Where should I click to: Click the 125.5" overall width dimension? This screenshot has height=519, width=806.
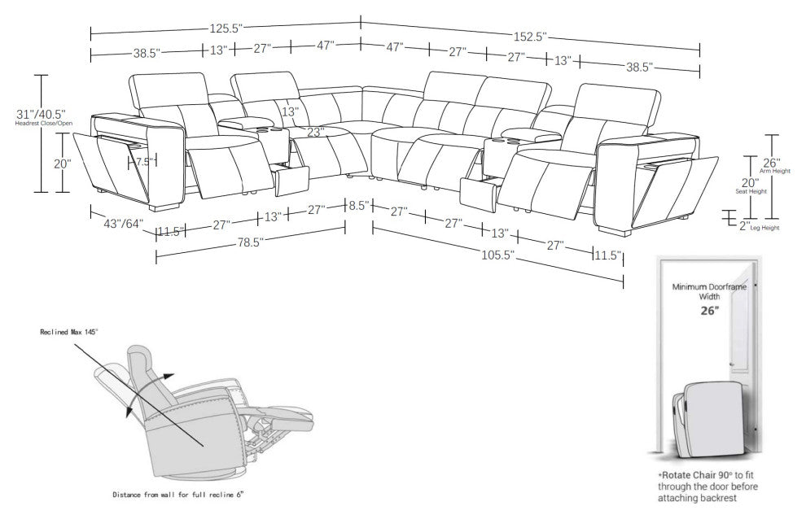coord(226,28)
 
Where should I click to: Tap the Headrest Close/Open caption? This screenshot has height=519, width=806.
coord(40,124)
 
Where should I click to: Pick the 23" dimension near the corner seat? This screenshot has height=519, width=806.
coord(317,130)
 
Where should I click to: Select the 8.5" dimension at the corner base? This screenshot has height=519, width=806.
coord(357,207)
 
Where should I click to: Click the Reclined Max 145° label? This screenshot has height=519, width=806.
coord(70,333)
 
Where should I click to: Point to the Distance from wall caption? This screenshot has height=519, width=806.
coord(177,494)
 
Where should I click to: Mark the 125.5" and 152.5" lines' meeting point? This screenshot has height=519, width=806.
coord(361,23)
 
